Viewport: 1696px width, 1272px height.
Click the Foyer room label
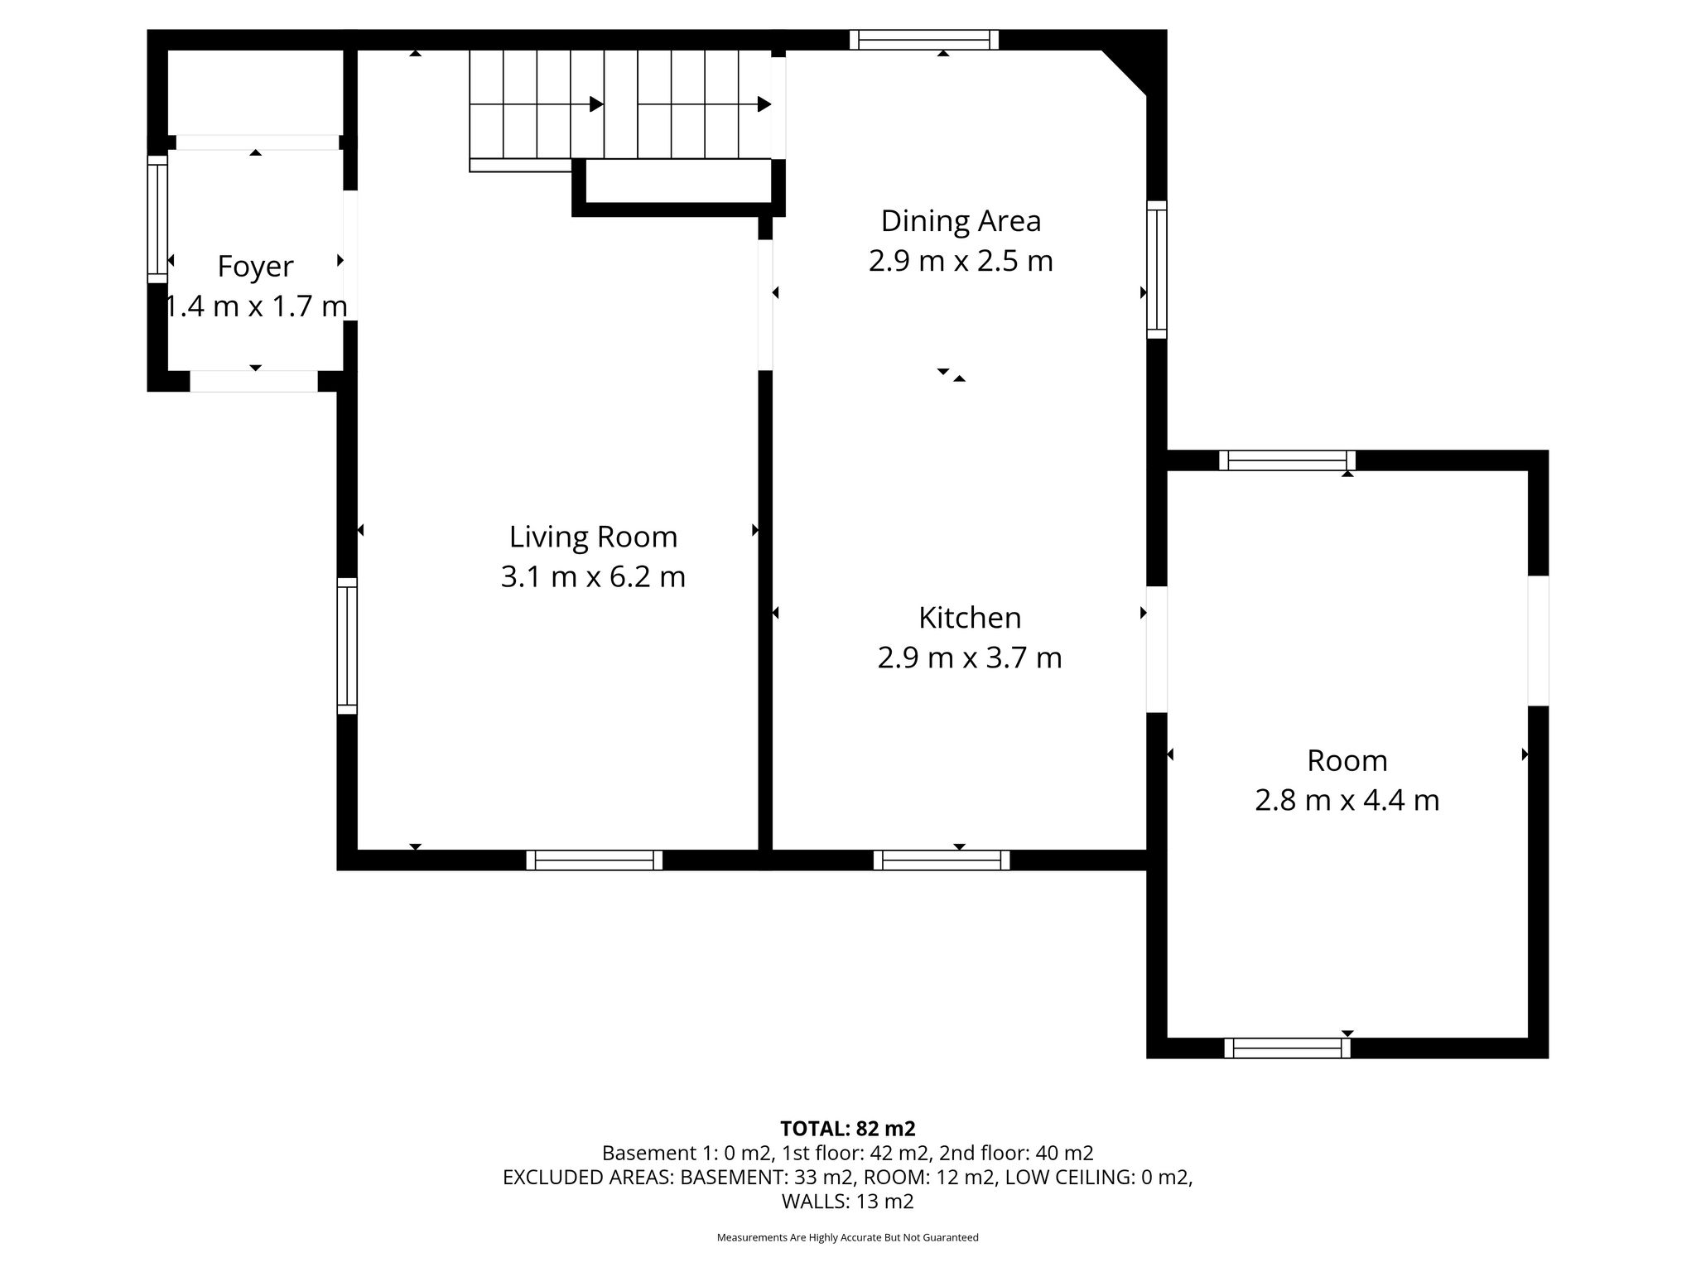point(255,267)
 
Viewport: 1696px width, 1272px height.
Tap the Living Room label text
point(593,537)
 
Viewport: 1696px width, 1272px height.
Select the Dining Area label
point(961,221)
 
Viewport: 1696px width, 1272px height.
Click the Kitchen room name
point(970,618)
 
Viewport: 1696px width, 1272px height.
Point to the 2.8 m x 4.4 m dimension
point(1347,801)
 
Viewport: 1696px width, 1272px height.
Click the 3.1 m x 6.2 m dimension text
point(593,577)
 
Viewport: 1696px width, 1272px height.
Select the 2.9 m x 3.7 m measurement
point(970,658)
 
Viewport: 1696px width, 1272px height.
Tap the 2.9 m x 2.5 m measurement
point(961,262)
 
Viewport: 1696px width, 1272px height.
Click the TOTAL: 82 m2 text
point(848,1128)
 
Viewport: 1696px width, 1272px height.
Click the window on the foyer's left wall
point(157,219)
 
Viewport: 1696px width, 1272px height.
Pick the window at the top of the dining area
point(924,40)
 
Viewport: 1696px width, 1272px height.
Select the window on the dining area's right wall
point(1157,269)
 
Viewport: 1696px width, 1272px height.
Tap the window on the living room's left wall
point(347,646)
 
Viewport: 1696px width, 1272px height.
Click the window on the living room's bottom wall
point(595,860)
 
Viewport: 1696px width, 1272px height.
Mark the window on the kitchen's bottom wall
point(942,860)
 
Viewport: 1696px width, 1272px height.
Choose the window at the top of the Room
point(1287,460)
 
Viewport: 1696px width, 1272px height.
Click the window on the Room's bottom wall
point(1287,1048)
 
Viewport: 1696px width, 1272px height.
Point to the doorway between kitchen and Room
point(1157,649)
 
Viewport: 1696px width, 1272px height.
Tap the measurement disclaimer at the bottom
point(848,1238)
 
